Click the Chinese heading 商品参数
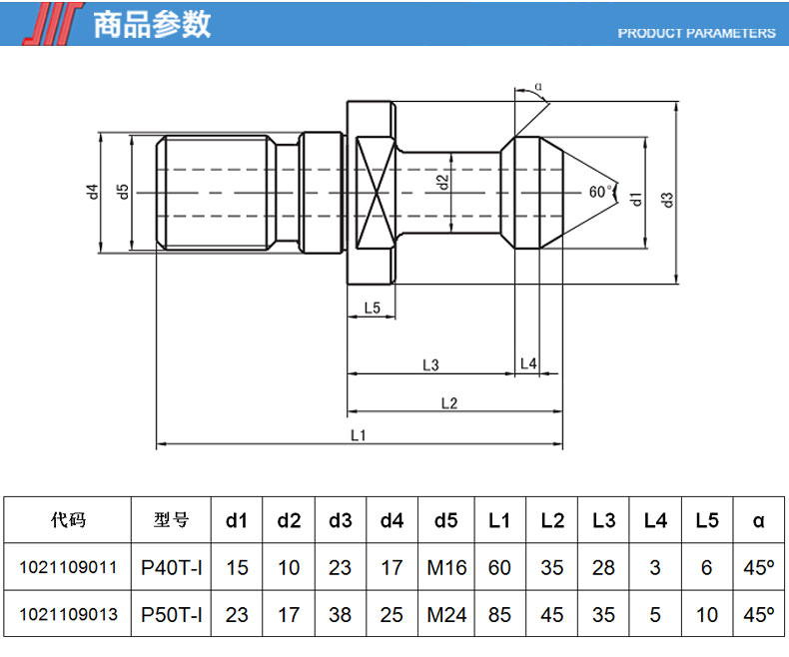click(152, 24)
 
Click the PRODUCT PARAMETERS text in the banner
click(696, 33)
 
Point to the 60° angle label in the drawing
click(599, 191)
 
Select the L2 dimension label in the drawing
click(448, 403)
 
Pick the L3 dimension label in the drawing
click(430, 365)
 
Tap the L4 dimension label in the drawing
click(529, 365)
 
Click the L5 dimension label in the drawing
click(372, 309)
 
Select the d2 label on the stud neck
click(442, 183)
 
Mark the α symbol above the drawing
click(538, 87)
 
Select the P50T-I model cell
click(172, 614)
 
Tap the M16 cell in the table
click(446, 567)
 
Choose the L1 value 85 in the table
click(499, 614)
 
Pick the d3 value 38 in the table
click(341, 614)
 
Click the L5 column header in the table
click(707, 520)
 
